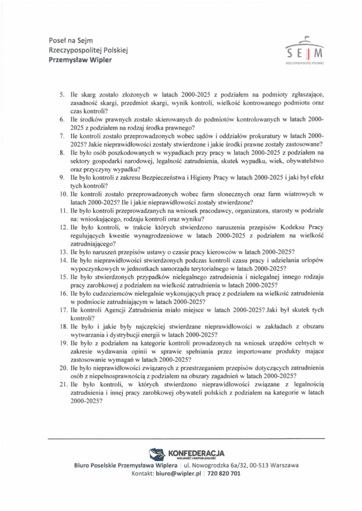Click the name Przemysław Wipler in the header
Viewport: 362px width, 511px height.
(80, 60)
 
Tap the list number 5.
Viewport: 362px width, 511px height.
(62, 94)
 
